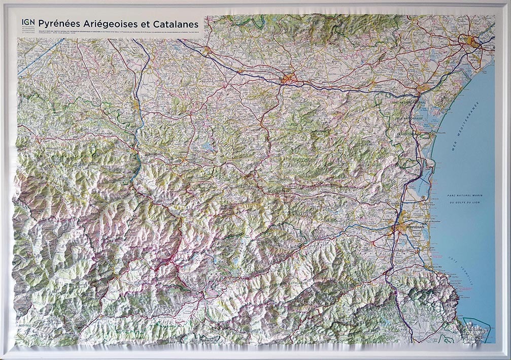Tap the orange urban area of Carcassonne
pos(288,79)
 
